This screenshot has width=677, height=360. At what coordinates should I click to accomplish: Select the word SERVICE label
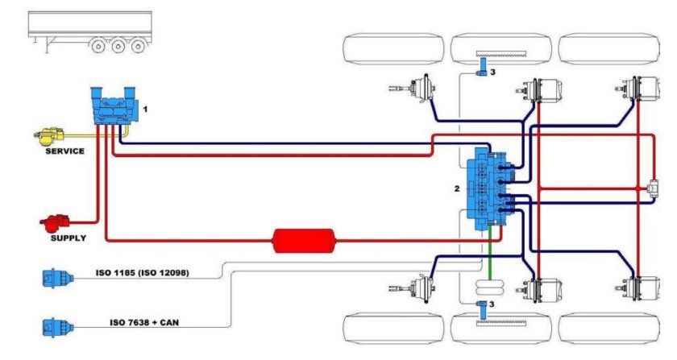[65, 151]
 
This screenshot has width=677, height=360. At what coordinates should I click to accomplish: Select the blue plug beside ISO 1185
[55, 279]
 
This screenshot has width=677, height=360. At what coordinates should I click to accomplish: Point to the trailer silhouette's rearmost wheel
[139, 46]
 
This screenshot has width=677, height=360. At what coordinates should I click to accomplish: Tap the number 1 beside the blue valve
[145, 107]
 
